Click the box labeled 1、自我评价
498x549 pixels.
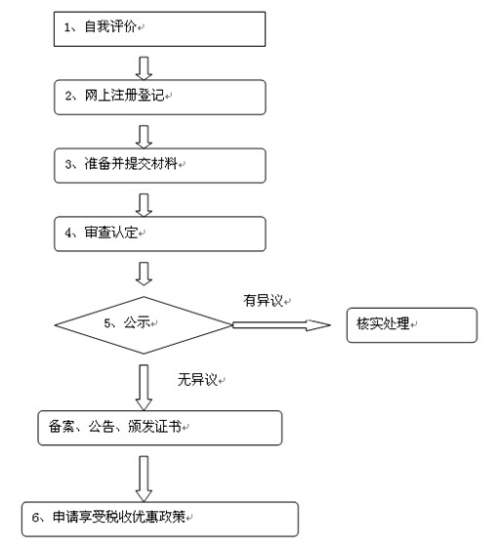tap(159, 29)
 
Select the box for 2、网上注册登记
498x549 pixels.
tap(160, 98)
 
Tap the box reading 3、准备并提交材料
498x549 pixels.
tap(160, 166)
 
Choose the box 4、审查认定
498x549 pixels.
tap(160, 233)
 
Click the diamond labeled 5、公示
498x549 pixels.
tap(144, 325)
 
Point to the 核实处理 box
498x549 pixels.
tap(412, 325)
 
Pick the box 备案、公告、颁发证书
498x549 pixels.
tap(160, 428)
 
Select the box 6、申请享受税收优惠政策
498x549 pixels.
tap(160, 519)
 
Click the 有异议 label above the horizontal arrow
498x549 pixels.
tap(264, 301)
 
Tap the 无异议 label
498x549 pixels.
tap(197, 380)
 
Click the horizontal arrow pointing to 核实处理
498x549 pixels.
tap(281, 325)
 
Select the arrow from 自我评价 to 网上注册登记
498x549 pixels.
tap(144, 68)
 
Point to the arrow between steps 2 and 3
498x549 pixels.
tap(144, 137)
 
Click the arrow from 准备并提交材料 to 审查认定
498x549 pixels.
tap(144, 205)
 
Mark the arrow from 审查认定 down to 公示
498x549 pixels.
tap(144, 274)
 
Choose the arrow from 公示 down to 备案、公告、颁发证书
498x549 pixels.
tap(144, 388)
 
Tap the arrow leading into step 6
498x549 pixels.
tap(144, 479)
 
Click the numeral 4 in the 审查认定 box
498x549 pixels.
tap(68, 233)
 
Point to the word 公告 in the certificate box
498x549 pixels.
tap(102, 427)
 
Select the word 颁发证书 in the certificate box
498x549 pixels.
tap(154, 427)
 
